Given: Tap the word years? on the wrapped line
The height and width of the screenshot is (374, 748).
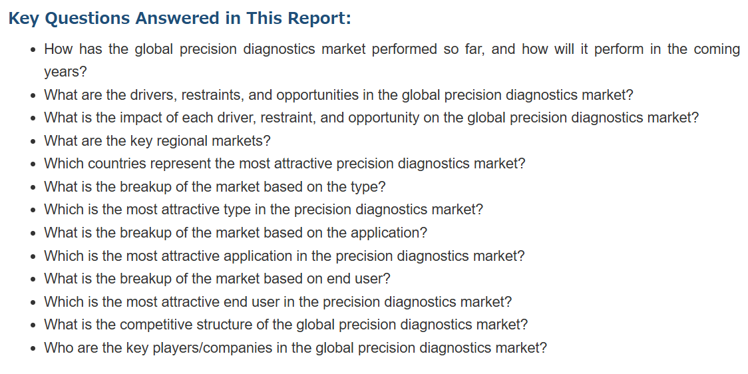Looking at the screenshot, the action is [x=66, y=73].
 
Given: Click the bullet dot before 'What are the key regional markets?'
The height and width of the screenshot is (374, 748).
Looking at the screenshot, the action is [x=33, y=142].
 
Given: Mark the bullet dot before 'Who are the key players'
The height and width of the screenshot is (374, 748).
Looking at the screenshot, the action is [x=33, y=348].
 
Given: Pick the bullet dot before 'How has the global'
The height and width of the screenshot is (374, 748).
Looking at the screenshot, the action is [x=33, y=50].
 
